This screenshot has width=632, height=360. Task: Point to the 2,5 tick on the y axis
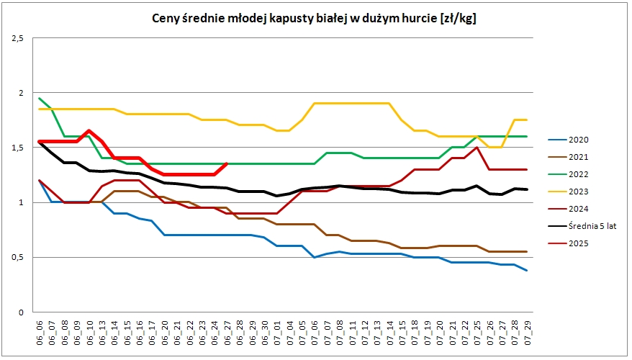17,38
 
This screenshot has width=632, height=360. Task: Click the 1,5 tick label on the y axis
17,148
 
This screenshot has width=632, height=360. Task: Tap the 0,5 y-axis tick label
17,257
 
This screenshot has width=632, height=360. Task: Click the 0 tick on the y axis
22,312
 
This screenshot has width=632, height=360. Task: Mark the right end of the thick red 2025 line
227,163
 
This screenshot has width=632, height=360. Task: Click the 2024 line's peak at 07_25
477,148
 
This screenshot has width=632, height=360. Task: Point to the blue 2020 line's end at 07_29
527,270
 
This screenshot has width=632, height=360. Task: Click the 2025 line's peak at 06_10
89,131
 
